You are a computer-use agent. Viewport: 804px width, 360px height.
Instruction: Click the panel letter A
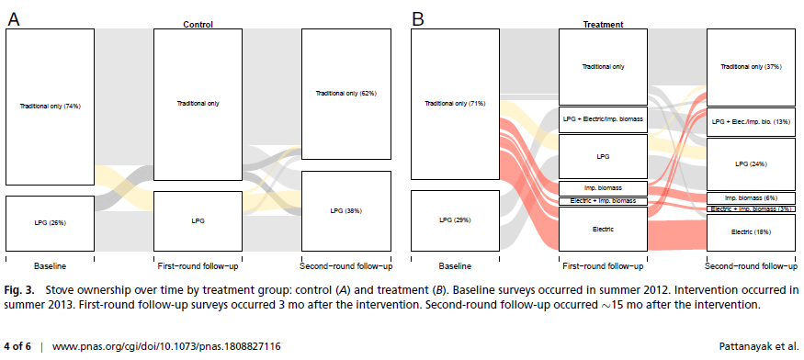click(x=14, y=18)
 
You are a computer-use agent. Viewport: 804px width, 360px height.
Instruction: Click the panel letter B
click(x=418, y=18)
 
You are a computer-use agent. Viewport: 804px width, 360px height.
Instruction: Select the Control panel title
click(x=198, y=25)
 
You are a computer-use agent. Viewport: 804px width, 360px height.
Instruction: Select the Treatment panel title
click(x=604, y=25)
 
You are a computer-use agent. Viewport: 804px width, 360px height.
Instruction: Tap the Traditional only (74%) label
click(x=51, y=107)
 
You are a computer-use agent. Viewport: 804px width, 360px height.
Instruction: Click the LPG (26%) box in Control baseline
click(x=51, y=222)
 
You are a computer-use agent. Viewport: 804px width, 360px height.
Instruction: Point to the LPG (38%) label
click(x=346, y=210)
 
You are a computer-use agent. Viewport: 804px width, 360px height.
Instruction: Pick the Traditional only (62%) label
click(x=346, y=93)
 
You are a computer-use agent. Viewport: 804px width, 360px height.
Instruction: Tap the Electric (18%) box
click(x=752, y=233)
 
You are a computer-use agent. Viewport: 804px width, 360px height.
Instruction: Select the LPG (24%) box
click(x=752, y=163)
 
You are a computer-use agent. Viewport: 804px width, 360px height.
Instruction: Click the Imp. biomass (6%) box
click(x=752, y=197)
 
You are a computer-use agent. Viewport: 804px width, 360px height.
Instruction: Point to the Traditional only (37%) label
click(x=752, y=66)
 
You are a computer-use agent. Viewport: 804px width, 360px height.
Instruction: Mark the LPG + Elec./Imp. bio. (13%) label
click(x=752, y=121)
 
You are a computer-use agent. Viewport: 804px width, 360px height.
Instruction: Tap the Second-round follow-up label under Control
click(x=346, y=266)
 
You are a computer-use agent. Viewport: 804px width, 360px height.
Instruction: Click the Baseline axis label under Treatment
click(x=456, y=266)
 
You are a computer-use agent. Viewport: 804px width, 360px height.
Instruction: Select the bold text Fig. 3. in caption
click(x=19, y=288)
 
